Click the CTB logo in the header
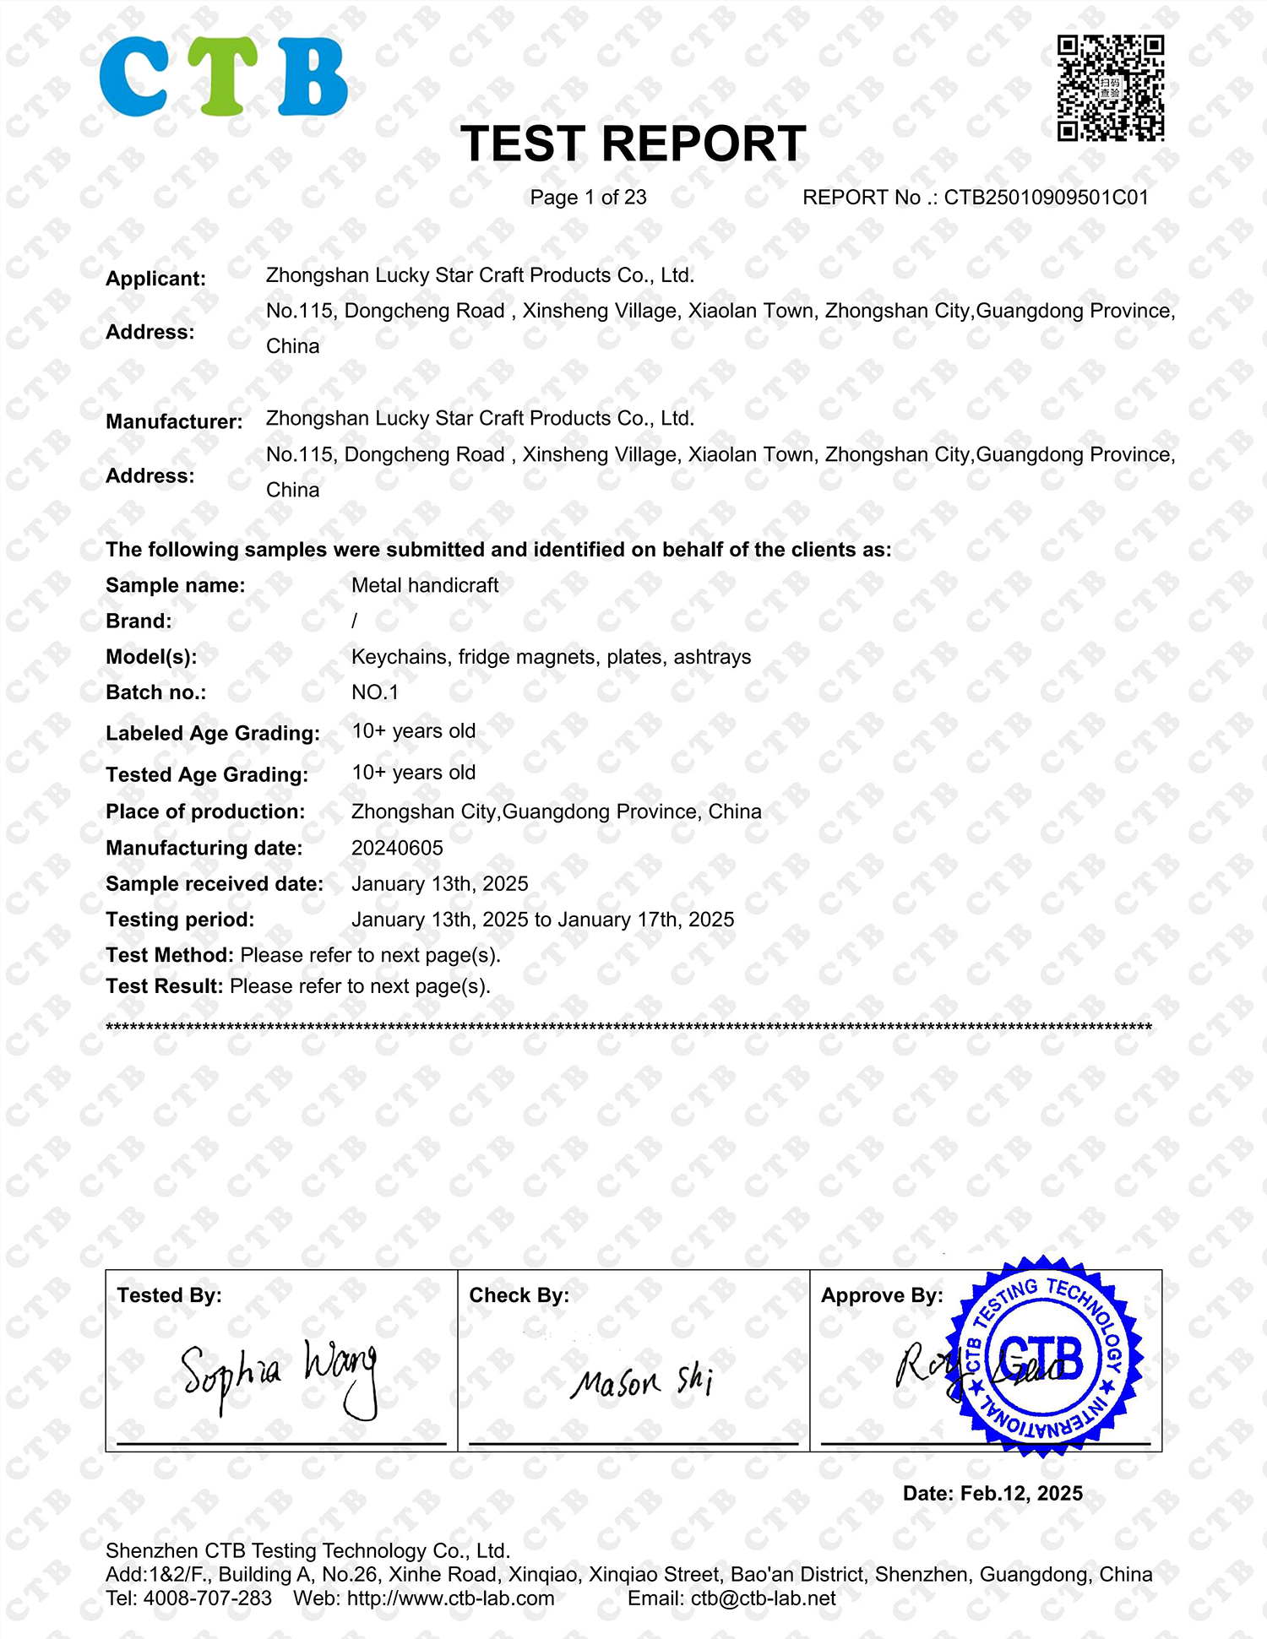click(x=223, y=77)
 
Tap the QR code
click(x=1111, y=88)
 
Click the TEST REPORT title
click(x=633, y=144)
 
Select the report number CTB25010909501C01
click(x=1046, y=198)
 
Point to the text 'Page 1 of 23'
click(x=588, y=198)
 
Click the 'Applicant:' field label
click(x=155, y=279)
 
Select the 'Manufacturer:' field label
click(x=174, y=421)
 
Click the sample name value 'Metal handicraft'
click(x=425, y=585)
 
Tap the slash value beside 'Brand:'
click(x=355, y=621)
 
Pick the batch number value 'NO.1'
click(x=375, y=692)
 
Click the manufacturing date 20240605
click(x=397, y=848)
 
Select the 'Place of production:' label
click(x=205, y=811)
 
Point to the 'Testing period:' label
click(x=180, y=920)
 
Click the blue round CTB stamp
click(x=1044, y=1356)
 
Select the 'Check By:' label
click(x=519, y=1295)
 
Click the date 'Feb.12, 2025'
click(x=1021, y=1493)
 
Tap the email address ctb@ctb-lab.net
click(x=763, y=1598)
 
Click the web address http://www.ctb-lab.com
click(x=450, y=1598)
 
